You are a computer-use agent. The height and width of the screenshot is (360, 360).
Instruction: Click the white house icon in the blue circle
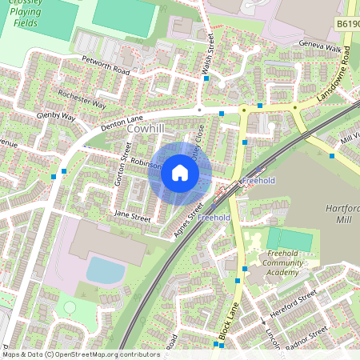179,172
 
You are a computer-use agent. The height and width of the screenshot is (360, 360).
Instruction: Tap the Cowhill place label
146,127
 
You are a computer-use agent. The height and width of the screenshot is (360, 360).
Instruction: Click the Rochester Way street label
82,99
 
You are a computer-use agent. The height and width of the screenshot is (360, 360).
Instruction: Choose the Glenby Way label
55,117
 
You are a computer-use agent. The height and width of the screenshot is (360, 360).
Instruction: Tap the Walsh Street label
207,61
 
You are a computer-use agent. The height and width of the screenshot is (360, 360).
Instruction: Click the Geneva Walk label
320,47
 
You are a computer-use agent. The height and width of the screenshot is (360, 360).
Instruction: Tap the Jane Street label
132,216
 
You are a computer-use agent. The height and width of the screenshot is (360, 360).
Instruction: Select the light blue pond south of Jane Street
105,270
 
